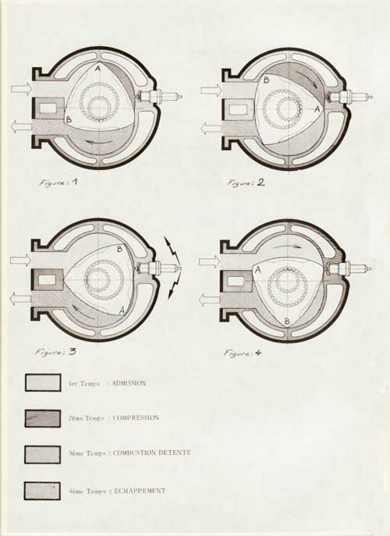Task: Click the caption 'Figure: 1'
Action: click(x=58, y=183)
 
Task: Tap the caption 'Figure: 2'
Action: click(x=246, y=183)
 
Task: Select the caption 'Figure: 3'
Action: click(x=55, y=352)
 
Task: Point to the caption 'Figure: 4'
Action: click(x=243, y=353)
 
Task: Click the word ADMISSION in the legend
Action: click(x=129, y=383)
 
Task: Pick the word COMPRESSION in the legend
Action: click(x=136, y=417)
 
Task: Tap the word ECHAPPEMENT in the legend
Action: click(x=140, y=491)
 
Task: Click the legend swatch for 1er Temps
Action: click(x=43, y=382)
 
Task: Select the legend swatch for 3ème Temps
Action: click(x=42, y=455)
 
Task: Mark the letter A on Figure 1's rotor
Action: click(x=97, y=69)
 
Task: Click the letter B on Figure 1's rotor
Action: click(x=69, y=119)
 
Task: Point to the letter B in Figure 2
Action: click(x=267, y=80)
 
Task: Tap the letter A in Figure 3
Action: click(x=121, y=311)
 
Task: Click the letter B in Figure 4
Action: click(x=288, y=321)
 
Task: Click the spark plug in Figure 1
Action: click(x=159, y=97)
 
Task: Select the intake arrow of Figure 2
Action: click(x=211, y=91)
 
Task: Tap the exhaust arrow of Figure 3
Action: click(x=20, y=298)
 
